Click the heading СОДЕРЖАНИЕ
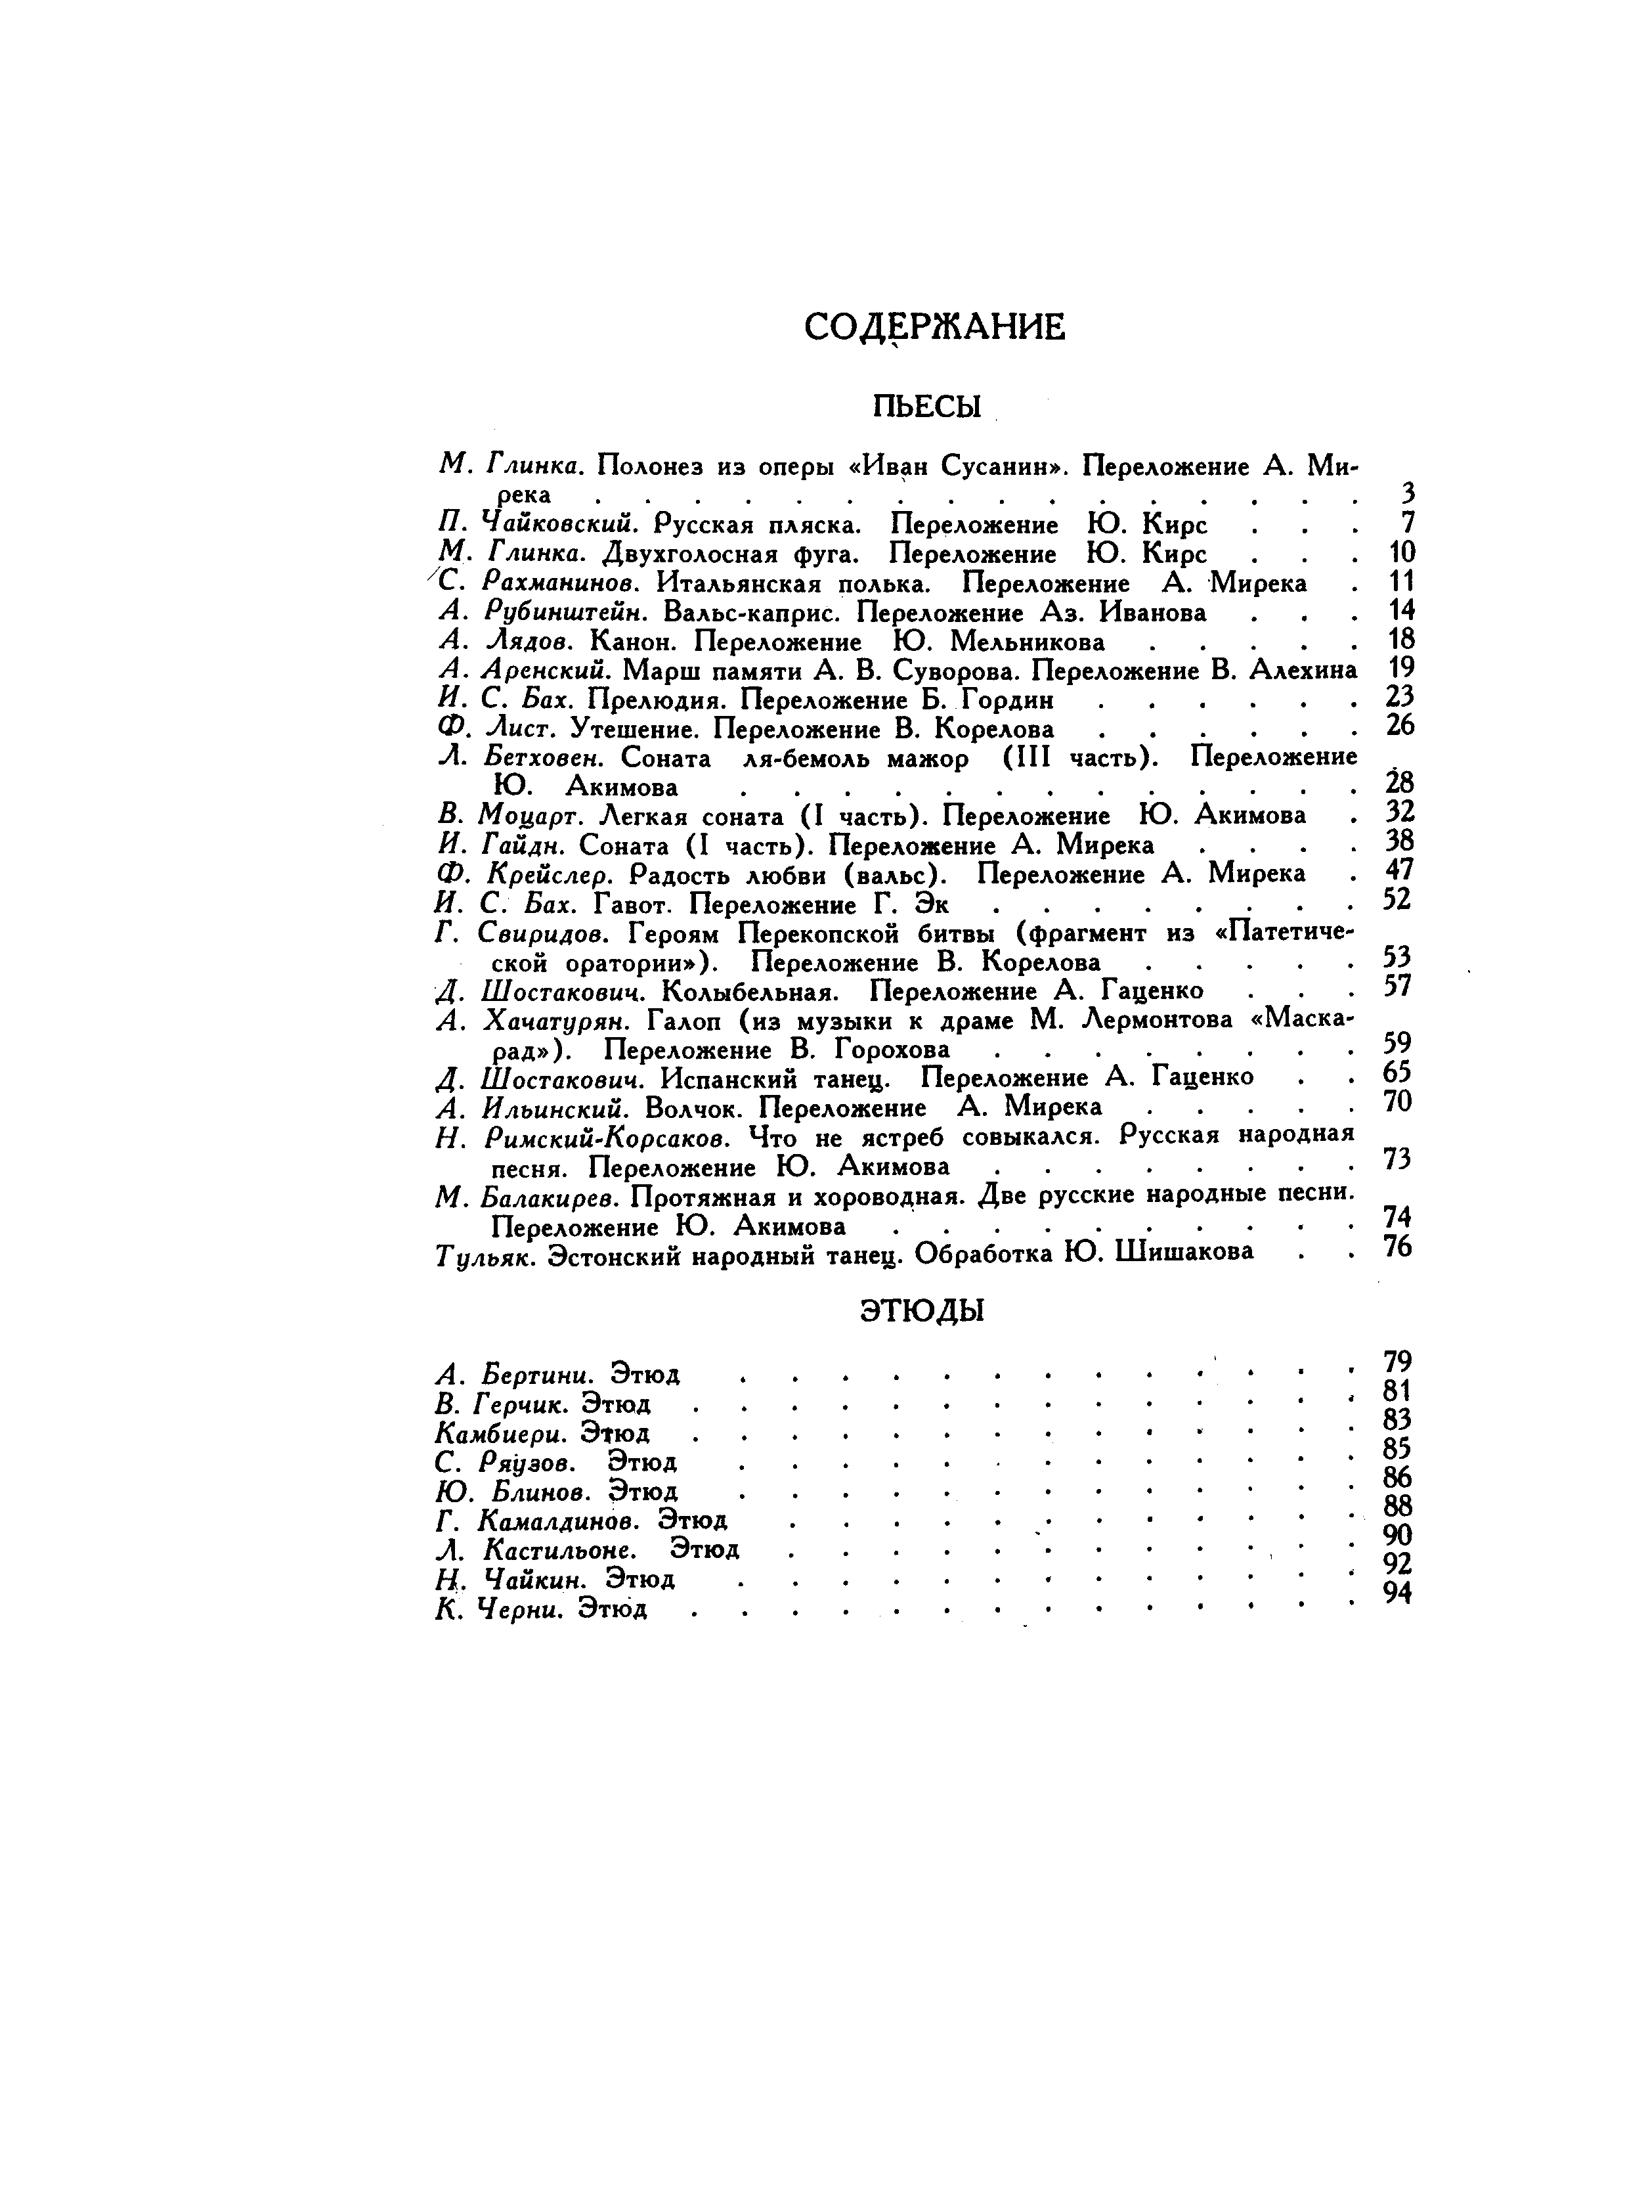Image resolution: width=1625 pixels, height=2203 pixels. pos(934,326)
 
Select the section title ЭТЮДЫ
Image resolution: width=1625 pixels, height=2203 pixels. pos(922,1310)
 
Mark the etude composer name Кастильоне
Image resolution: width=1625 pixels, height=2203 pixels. pos(559,1551)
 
